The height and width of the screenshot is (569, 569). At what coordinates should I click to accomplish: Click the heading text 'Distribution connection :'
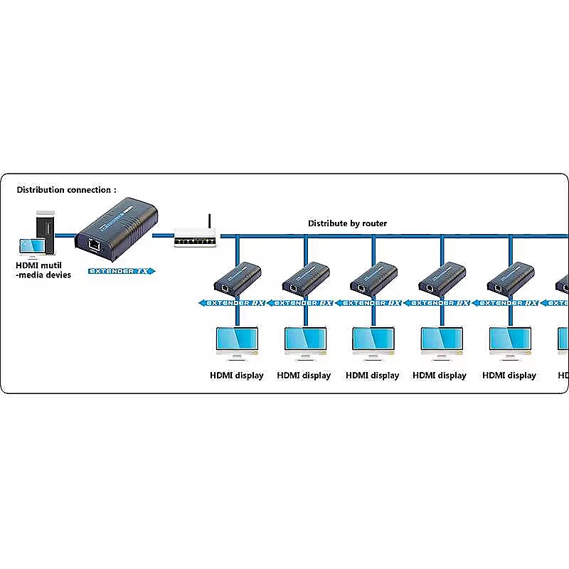click(x=66, y=190)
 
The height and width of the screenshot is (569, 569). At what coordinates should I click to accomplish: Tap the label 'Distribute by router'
click(x=347, y=223)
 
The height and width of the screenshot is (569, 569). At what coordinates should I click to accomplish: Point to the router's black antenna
click(x=209, y=223)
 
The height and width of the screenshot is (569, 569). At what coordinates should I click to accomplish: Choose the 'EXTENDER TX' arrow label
click(x=120, y=271)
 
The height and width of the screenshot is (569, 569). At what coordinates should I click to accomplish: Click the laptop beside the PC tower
click(x=31, y=246)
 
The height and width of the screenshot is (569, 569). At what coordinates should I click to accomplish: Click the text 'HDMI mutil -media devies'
click(x=43, y=270)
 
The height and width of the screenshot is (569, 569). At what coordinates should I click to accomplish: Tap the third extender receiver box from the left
click(x=373, y=278)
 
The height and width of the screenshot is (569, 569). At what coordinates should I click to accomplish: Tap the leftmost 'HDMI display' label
click(x=236, y=376)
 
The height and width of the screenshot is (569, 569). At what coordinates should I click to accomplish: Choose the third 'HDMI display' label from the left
click(x=372, y=376)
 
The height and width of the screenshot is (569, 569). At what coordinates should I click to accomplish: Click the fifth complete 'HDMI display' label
click(x=509, y=376)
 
